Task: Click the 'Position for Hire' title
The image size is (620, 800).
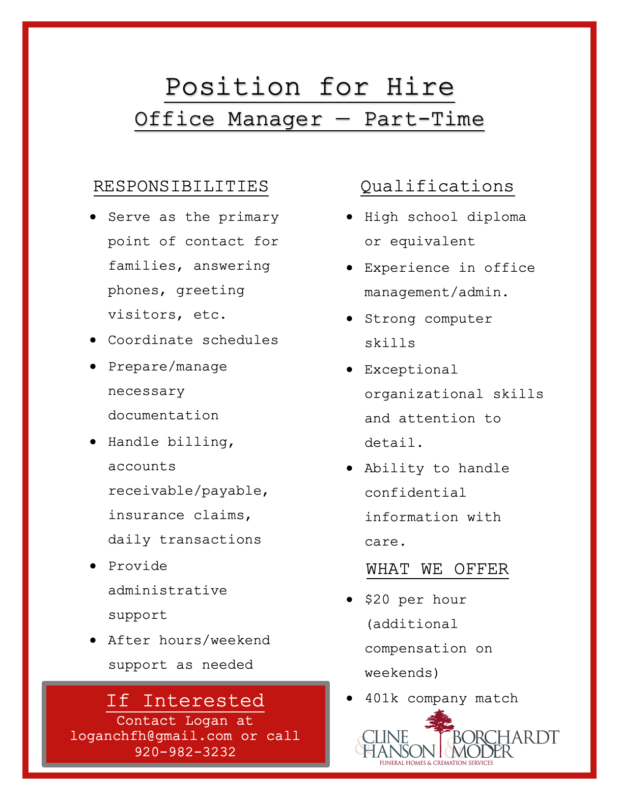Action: [x=309, y=87]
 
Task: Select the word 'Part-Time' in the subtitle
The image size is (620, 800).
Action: [x=424, y=119]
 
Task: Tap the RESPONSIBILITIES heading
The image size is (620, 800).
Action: [x=181, y=186]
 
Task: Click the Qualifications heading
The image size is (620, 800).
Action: [x=437, y=186]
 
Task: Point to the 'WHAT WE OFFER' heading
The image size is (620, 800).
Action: [x=437, y=569]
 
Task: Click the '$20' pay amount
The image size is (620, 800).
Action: [x=377, y=599]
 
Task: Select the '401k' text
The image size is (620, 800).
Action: [x=381, y=698]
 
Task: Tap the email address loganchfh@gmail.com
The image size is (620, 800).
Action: [x=151, y=736]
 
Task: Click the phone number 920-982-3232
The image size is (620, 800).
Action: [x=185, y=752]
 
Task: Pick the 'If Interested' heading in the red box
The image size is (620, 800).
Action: [x=185, y=701]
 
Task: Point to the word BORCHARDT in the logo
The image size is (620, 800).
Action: [x=505, y=737]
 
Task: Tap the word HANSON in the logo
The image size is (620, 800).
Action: [x=399, y=751]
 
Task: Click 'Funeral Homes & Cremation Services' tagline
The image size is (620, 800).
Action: [x=436, y=763]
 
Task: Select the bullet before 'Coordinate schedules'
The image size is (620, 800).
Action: [x=93, y=340]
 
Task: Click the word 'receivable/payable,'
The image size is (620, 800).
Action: [x=188, y=491]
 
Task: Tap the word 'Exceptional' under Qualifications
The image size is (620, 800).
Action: [x=411, y=369]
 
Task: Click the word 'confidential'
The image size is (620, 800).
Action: [x=415, y=493]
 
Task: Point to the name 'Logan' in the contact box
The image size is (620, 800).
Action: [x=206, y=721]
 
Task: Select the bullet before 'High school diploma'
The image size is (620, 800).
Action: [x=349, y=217]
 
